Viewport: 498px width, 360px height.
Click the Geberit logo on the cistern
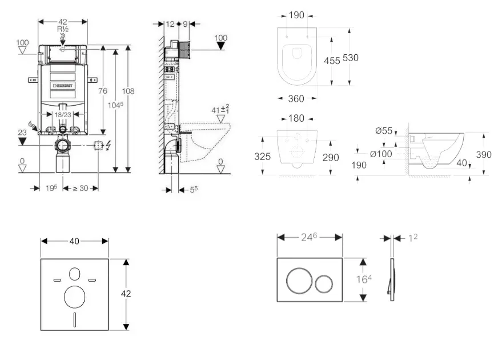65,86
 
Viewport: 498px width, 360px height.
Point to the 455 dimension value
332,60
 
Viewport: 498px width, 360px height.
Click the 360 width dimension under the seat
296,99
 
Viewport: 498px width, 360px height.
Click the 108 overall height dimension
128,91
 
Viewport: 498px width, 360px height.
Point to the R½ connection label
63,29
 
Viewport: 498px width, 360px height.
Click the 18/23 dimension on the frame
63,114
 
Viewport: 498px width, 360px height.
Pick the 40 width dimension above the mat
74,241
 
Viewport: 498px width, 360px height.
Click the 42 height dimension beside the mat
126,294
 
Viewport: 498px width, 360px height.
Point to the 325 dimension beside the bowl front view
263,156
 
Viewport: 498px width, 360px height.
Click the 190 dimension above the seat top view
296,15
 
